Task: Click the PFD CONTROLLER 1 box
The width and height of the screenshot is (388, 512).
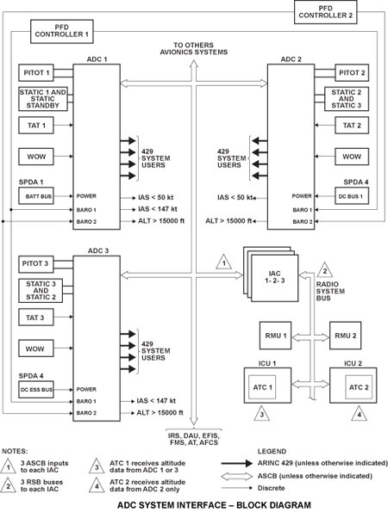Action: (x=62, y=31)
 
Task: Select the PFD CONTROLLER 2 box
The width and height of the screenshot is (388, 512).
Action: (x=326, y=12)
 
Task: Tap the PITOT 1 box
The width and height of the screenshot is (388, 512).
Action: (x=36, y=72)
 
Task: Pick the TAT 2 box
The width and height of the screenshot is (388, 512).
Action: (x=352, y=126)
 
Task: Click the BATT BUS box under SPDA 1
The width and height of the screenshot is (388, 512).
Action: (x=36, y=196)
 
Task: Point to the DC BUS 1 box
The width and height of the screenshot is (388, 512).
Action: (x=352, y=196)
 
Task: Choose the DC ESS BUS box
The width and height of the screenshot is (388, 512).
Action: (x=36, y=390)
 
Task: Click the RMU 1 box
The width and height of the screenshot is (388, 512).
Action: (x=275, y=336)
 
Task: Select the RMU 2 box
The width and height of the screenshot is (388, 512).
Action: (x=345, y=336)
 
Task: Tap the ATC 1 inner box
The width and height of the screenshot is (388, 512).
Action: (x=262, y=387)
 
